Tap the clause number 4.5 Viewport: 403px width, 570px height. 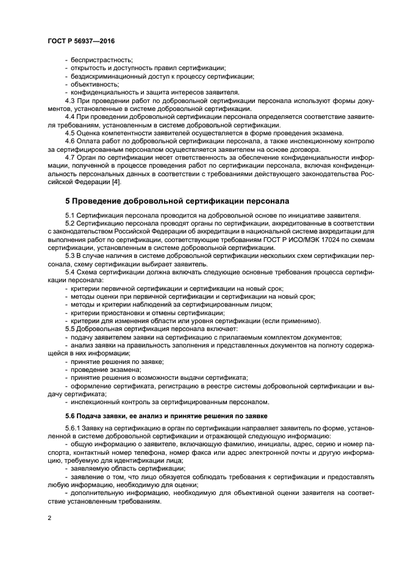[x=70, y=133]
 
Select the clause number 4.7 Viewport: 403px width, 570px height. [x=70, y=157]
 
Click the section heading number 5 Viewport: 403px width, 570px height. [x=68, y=201]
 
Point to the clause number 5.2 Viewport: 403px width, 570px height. [x=70, y=224]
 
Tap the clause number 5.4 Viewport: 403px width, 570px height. [x=70, y=273]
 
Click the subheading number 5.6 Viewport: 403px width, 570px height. [x=71, y=416]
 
